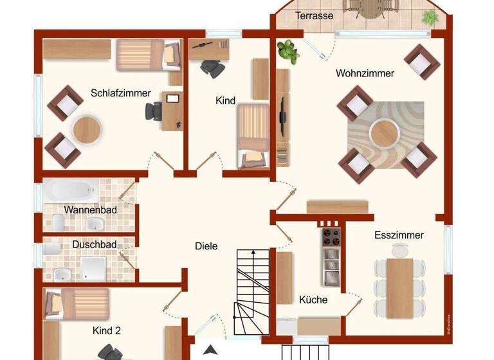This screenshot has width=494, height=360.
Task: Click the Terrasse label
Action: [314, 15]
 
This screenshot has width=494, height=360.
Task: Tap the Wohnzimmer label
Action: [365, 73]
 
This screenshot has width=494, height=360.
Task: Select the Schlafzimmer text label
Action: [120, 93]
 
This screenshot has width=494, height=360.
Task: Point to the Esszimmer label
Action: [399, 235]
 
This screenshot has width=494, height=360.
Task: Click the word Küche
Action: [313, 300]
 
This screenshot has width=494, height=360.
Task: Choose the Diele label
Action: [206, 246]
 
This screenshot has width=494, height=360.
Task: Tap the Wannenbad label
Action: [89, 210]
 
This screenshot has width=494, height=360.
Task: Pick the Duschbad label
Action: [94, 244]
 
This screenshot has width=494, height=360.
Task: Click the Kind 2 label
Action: [107, 331]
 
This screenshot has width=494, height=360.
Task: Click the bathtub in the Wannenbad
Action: [71, 190]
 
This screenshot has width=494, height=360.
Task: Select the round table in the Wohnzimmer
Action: [385, 134]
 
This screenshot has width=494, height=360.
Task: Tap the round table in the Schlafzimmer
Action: [87, 130]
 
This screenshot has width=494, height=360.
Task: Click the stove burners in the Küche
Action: [330, 236]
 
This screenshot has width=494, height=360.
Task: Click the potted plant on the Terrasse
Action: [431, 17]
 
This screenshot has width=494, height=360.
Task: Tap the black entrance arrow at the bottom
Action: [209, 351]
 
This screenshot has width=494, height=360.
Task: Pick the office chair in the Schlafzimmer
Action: [154, 110]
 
